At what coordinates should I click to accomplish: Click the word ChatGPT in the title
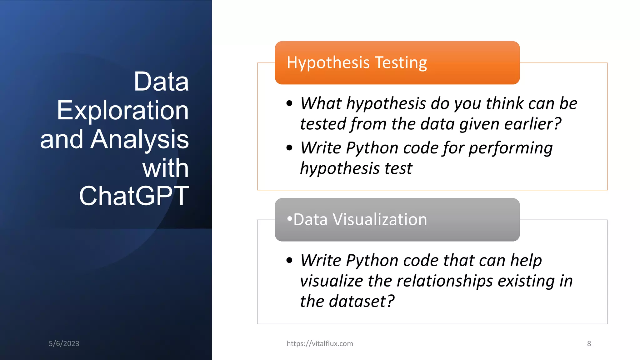(134, 196)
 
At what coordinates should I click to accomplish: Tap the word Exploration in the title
(123, 111)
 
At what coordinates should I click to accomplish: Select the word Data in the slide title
(161, 82)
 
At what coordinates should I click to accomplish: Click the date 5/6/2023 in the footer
(64, 343)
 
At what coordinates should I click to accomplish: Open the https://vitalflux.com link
(320, 343)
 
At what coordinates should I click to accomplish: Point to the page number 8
(589, 343)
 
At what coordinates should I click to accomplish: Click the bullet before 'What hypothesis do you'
(289, 103)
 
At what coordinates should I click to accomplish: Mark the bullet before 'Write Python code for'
(289, 148)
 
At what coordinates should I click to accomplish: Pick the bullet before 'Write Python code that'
(289, 260)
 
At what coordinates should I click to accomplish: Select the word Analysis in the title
(140, 139)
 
